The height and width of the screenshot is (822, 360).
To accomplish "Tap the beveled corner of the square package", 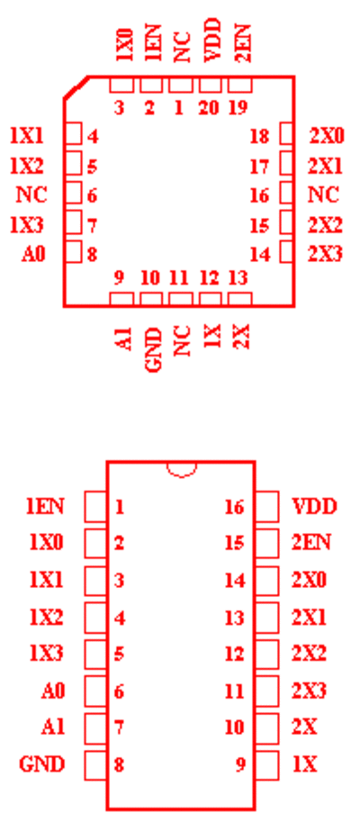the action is click(76, 87).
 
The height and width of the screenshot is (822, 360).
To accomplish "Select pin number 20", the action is click(209, 108).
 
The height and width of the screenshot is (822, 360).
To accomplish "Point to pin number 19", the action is click(238, 108).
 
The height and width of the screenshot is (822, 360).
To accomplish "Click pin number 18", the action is click(260, 137).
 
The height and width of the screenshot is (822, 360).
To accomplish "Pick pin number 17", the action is click(260, 167).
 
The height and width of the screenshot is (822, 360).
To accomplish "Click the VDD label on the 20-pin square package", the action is click(211, 41).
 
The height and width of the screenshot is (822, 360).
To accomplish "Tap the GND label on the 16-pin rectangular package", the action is click(42, 764).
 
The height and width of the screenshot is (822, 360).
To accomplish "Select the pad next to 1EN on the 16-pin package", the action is click(95, 506).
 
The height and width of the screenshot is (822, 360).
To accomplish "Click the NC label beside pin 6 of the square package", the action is click(31, 195).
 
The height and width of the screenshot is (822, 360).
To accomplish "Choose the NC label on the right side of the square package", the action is click(323, 195).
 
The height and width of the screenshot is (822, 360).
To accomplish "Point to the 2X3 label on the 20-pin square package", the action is click(325, 254).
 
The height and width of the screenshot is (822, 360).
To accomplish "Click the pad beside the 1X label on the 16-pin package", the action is click(267, 765).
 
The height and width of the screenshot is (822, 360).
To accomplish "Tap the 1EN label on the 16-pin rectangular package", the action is click(45, 506).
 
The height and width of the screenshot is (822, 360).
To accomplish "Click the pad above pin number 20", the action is click(210, 85).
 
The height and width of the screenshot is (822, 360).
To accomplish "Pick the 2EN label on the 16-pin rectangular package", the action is click(310, 543).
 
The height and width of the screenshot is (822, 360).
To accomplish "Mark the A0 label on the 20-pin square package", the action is click(33, 254).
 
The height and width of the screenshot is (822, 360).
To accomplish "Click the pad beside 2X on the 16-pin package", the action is click(267, 728).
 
